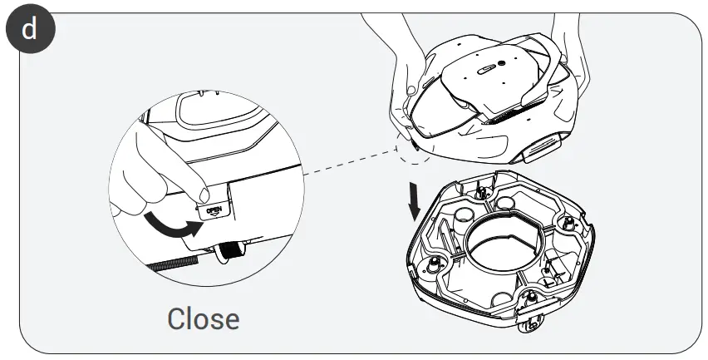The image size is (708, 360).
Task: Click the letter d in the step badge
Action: tap(30, 30)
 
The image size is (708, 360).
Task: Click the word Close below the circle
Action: tap(203, 318)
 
